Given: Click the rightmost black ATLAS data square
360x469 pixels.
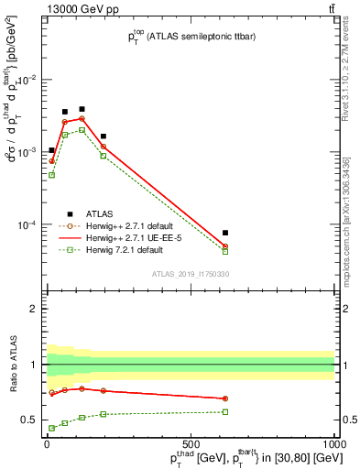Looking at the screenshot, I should pos(225,233).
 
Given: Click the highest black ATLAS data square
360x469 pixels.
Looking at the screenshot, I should pos(82,109).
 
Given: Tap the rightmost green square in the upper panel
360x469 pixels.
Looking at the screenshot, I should pos(225,251).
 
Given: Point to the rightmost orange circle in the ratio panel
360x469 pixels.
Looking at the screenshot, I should pos(225,398).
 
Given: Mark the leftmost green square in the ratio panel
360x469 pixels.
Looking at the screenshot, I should pos(52,428).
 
